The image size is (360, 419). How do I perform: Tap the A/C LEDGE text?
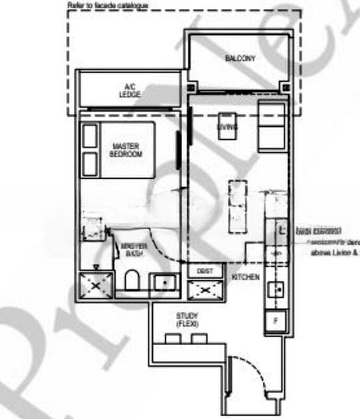coord(128,90)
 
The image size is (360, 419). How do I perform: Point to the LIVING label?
coord(227,126)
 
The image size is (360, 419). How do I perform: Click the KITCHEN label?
coord(246,277)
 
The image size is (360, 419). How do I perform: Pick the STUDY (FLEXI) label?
coord(188,321)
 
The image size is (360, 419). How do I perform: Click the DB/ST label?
coord(204,270)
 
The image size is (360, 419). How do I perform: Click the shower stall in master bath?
coord(93,286)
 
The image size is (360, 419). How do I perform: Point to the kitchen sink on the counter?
coord(276,289)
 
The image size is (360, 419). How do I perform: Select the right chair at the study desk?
coord(200,338)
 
